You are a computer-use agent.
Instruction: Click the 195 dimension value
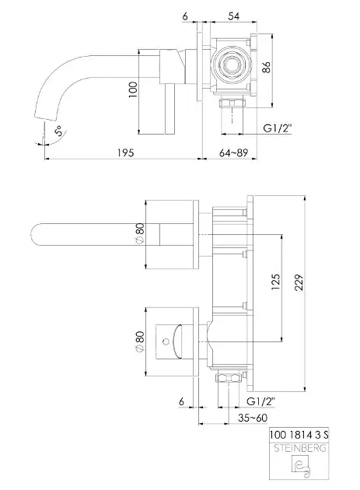click(x=126, y=152)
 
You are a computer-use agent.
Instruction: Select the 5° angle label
click(x=59, y=131)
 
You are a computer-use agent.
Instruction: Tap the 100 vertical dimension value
click(x=133, y=89)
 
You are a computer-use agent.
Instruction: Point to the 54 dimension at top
click(x=233, y=16)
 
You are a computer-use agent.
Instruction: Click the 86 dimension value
click(x=266, y=67)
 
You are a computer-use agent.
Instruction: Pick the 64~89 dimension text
click(x=233, y=152)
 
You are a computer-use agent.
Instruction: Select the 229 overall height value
click(x=299, y=282)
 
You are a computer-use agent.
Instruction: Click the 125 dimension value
click(x=275, y=282)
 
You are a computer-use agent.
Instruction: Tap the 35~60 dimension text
click(x=253, y=418)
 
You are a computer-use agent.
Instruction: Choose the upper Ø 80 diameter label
click(x=140, y=233)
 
